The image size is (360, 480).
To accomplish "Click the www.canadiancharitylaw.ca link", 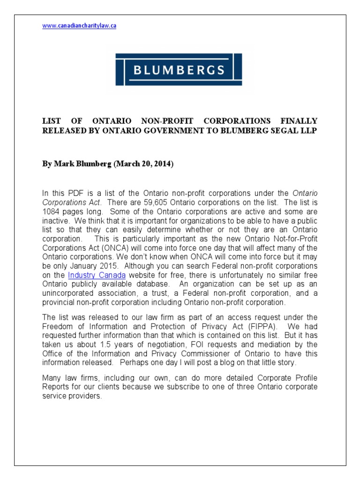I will point(79,26).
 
